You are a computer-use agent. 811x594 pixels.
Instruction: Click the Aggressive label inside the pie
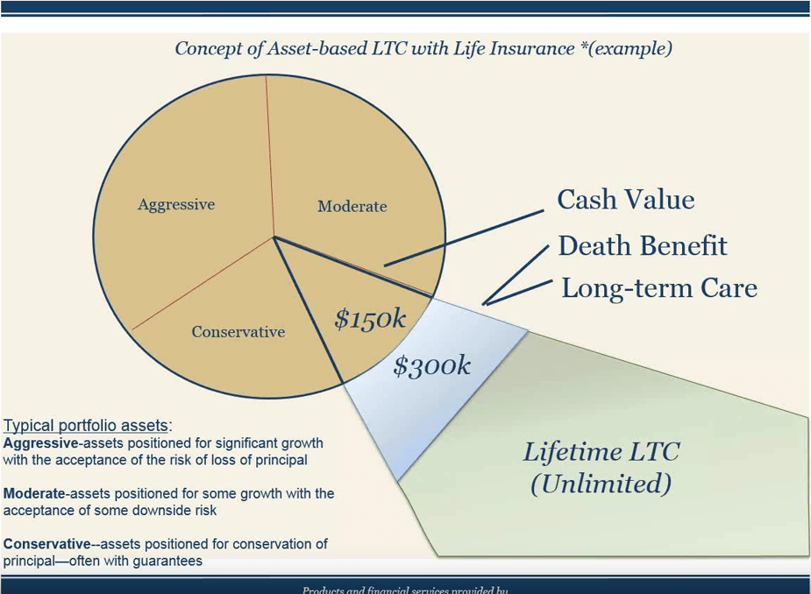[x=176, y=204]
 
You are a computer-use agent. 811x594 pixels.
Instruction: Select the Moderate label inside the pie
[x=352, y=207]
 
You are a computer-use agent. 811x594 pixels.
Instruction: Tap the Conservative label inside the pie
[x=238, y=332]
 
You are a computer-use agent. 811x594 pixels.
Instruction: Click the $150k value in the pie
[x=370, y=320]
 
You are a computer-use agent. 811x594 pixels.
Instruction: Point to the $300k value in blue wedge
[x=431, y=365]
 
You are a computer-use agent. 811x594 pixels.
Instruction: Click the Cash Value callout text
[x=625, y=200]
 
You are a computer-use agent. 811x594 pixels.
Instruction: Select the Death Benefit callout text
[x=642, y=246]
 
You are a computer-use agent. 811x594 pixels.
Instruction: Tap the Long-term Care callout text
[x=658, y=288]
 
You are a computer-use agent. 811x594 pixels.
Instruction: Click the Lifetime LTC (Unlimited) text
[x=601, y=468]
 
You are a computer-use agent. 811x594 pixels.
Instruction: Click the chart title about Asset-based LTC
[x=423, y=48]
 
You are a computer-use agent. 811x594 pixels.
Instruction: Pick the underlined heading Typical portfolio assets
[x=85, y=427]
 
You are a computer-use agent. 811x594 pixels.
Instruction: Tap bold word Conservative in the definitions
[x=46, y=544]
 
